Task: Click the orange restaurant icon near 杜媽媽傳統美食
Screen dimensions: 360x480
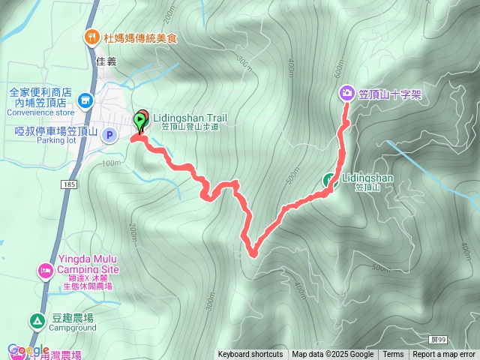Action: (91, 35)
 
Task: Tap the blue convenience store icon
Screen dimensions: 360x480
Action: (85, 99)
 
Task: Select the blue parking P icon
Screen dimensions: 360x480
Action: (109, 135)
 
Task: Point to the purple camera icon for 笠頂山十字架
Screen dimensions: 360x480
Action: (347, 93)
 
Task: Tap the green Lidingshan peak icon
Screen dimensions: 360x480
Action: (329, 179)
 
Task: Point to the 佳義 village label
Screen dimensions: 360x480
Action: (107, 61)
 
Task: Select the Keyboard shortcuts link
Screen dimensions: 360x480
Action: (250, 355)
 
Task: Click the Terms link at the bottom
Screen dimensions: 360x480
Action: (393, 355)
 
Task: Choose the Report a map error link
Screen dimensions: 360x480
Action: (444, 355)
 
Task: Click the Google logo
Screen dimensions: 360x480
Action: (28, 350)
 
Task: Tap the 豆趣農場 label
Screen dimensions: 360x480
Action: (73, 317)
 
